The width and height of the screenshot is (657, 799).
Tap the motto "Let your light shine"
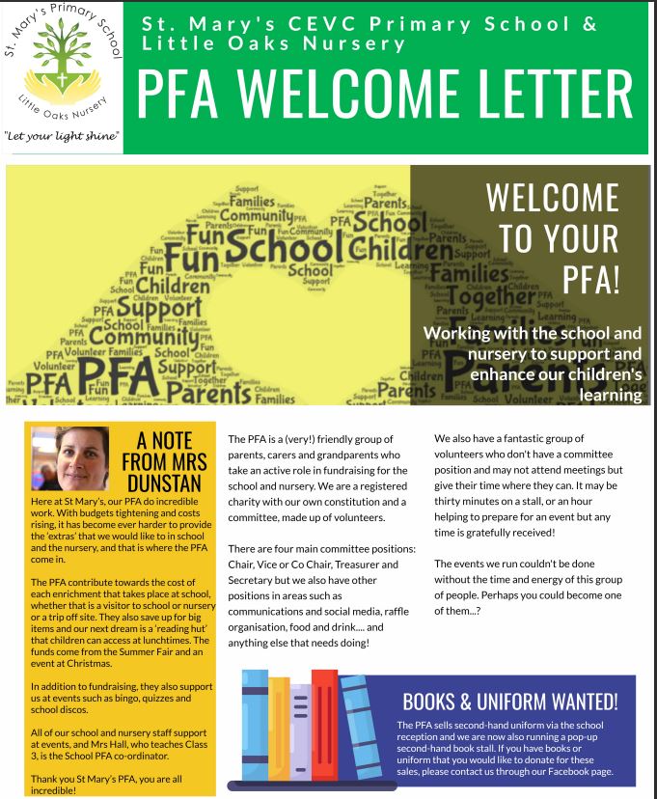coord(62,136)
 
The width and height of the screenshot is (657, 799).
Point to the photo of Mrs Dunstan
coord(70,458)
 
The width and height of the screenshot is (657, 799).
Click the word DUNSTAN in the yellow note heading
coord(158,482)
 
